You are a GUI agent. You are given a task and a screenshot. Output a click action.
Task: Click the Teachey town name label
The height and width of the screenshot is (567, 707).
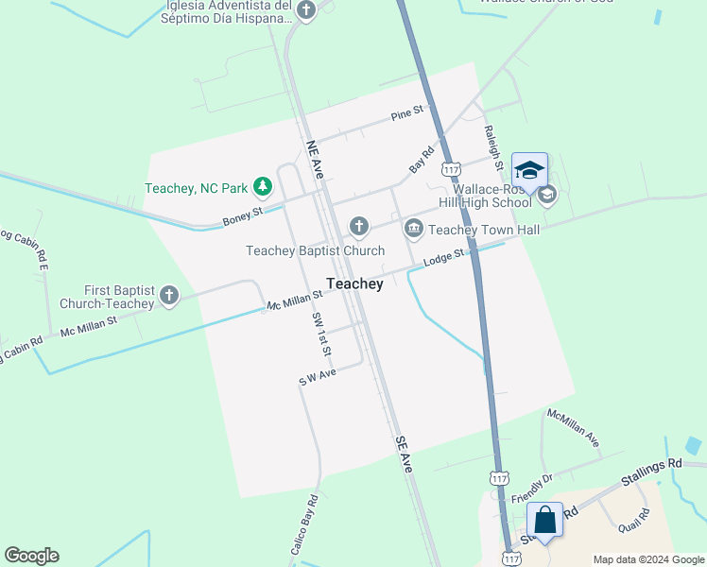354,283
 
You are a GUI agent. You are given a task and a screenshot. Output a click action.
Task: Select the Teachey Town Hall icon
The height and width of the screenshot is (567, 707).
414,229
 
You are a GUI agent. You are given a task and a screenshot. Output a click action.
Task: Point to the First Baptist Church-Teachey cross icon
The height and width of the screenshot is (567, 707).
169,297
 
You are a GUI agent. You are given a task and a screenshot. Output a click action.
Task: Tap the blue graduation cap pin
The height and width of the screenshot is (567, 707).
529,172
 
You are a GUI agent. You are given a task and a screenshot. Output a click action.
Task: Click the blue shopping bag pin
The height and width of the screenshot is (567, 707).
544,521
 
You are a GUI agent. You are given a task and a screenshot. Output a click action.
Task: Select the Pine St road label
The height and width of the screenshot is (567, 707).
407,115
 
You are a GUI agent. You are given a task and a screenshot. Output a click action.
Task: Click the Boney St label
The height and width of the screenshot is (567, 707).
242,219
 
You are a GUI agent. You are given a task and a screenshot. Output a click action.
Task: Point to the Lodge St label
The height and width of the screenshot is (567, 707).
444,257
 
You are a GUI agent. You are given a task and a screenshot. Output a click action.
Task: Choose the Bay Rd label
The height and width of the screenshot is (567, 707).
422,157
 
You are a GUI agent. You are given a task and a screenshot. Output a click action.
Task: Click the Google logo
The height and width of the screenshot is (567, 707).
31,556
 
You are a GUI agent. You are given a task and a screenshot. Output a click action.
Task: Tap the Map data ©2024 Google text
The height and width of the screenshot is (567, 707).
647,559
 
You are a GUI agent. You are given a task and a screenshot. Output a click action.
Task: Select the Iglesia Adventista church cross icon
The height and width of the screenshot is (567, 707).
305,10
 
